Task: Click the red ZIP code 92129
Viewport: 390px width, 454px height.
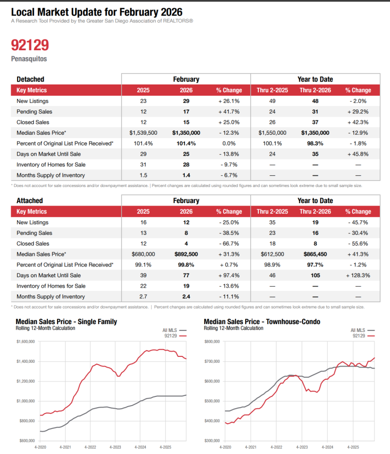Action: click(x=30, y=45)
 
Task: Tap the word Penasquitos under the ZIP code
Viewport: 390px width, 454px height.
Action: click(x=29, y=59)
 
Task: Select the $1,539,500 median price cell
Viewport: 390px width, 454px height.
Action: click(x=143, y=133)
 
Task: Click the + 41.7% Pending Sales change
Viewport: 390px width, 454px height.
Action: click(x=229, y=112)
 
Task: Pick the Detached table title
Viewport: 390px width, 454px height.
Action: click(x=30, y=79)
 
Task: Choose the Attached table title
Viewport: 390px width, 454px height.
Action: click(x=30, y=201)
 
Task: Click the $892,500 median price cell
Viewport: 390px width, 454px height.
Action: click(x=186, y=254)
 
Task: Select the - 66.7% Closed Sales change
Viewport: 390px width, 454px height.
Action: click(x=229, y=244)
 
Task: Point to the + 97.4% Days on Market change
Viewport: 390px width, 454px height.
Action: click(x=229, y=275)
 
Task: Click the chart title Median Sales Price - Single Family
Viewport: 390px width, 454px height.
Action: click(x=66, y=322)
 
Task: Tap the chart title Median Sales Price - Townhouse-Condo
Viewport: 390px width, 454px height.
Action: click(x=259, y=322)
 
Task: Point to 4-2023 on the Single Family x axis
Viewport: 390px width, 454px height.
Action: click(x=115, y=447)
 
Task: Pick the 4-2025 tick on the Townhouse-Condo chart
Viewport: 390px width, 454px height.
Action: click(x=353, y=447)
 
